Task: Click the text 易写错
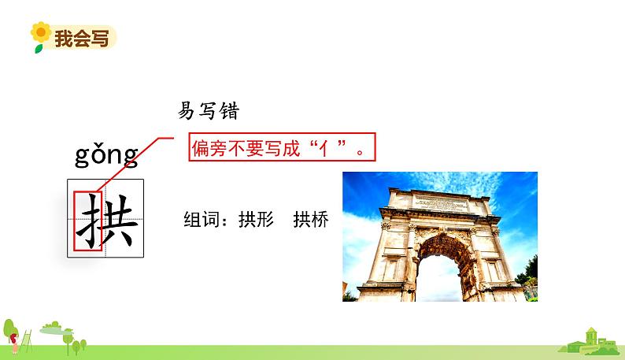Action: coord(208,112)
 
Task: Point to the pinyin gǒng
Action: coord(106,155)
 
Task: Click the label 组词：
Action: coord(209,219)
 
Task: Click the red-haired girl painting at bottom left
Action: coord(14,340)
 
